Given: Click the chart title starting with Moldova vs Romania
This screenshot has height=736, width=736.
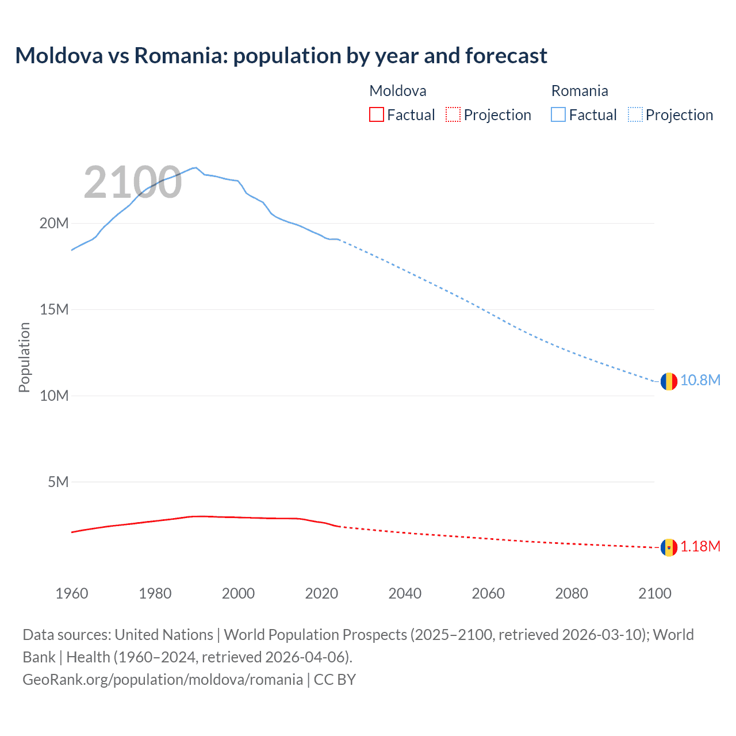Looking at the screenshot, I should (281, 56).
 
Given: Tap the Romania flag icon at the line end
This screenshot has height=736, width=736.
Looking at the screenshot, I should (668, 381).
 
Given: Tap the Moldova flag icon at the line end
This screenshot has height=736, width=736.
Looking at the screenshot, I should (668, 547).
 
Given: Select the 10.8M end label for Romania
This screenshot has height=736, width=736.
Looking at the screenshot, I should (700, 381).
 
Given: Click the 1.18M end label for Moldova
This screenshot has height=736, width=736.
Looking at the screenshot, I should (700, 547).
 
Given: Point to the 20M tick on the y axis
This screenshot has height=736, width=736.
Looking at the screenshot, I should (54, 224).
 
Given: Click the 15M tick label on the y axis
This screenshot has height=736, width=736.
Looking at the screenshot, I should (54, 310).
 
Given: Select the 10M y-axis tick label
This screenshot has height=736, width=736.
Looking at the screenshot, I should (54, 396).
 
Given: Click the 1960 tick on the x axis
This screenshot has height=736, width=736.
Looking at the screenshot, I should (72, 593).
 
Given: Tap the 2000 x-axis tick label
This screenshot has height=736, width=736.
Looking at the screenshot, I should (238, 593).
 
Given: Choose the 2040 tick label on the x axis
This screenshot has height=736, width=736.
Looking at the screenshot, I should (405, 593).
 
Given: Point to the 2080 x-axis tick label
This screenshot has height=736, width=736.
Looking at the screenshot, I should (572, 593).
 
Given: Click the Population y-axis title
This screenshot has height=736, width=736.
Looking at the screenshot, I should (24, 357).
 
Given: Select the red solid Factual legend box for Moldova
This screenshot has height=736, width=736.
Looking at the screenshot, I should (376, 115).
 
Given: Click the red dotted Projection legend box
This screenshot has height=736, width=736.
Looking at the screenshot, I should (453, 115).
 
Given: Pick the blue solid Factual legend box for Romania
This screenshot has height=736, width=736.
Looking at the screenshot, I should (558, 115).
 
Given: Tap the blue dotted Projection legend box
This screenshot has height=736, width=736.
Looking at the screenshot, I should (635, 115).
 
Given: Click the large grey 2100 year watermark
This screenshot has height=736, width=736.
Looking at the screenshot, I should (133, 183).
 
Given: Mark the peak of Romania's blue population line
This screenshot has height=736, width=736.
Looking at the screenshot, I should (196, 168).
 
